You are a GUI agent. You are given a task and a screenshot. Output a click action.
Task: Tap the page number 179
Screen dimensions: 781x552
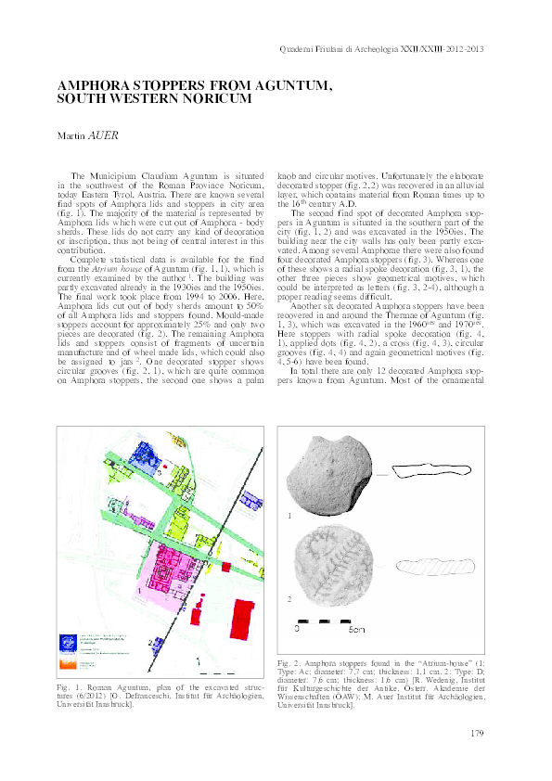point(478,734)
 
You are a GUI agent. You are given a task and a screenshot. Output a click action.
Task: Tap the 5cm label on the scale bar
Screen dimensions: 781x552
point(356,630)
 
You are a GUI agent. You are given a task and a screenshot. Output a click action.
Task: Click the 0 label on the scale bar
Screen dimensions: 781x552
point(298,630)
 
